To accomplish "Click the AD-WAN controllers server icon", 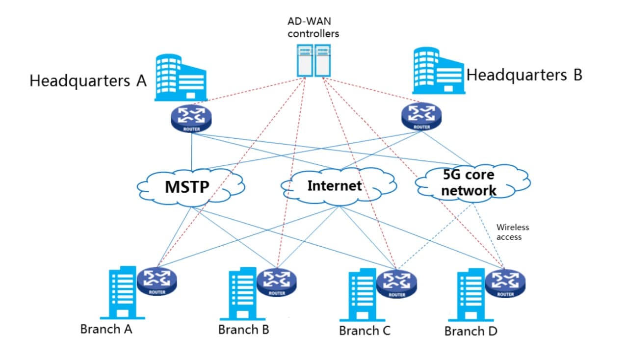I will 314,60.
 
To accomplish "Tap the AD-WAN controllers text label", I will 313,28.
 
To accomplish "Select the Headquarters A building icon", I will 181,77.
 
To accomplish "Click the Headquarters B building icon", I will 438,71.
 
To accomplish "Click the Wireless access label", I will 512,232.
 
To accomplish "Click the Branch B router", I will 276,283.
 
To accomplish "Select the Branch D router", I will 505,284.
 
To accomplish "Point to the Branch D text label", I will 471,331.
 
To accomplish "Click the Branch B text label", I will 244,329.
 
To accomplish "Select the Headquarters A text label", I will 88,80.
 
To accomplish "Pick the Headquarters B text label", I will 524,75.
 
